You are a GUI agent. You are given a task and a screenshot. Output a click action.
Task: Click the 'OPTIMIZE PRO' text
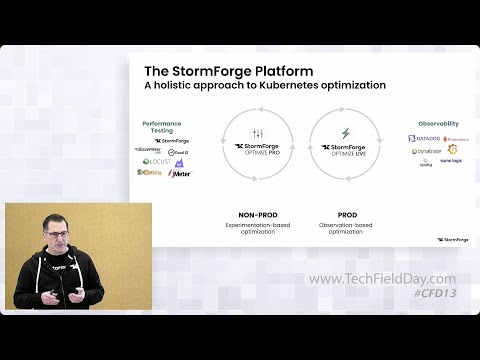[x=258, y=152]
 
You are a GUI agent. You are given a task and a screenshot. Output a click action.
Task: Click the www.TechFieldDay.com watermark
[x=382, y=279]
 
